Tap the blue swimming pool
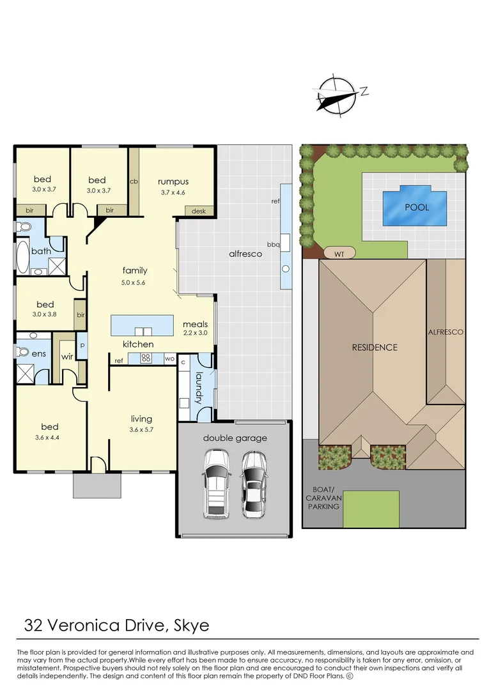click(x=415, y=206)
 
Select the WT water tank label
click(x=339, y=254)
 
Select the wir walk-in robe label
click(x=66, y=356)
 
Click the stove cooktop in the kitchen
click(x=145, y=358)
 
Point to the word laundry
click(x=199, y=388)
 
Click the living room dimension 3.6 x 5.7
click(x=141, y=429)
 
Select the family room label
click(x=135, y=270)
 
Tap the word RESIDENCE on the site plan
click(x=375, y=348)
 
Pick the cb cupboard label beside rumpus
click(x=134, y=181)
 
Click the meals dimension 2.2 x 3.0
click(x=195, y=333)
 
